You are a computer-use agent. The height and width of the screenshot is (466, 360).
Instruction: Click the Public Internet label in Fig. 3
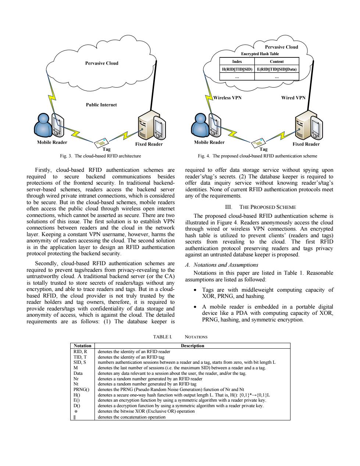point(101,105)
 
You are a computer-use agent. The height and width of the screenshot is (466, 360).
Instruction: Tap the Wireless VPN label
point(228,98)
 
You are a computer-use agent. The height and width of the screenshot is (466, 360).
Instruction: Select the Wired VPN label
point(293,98)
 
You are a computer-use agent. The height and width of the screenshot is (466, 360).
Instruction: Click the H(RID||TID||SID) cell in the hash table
point(237,69)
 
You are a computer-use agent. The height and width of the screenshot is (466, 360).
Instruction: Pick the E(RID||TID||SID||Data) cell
point(277,69)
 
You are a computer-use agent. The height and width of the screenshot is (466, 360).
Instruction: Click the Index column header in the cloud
point(237,61)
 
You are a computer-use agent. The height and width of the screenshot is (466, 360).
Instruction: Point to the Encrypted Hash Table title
point(260,54)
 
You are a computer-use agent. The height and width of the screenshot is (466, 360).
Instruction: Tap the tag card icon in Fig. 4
point(259,143)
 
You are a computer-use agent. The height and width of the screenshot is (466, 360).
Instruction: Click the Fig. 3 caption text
point(100,156)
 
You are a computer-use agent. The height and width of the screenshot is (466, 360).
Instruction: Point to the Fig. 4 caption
point(257,156)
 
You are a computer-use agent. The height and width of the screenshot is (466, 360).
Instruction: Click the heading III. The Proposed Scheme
point(260,207)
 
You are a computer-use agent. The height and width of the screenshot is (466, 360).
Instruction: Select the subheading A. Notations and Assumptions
point(222,265)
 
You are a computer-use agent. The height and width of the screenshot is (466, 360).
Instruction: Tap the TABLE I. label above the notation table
point(163,337)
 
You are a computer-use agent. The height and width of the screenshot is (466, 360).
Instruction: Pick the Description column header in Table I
point(193,346)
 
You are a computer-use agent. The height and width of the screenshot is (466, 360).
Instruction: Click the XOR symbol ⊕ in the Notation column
point(76,412)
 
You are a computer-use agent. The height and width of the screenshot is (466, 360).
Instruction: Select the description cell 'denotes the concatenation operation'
point(132,417)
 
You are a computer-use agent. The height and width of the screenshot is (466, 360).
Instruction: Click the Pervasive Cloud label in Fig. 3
point(101,63)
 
